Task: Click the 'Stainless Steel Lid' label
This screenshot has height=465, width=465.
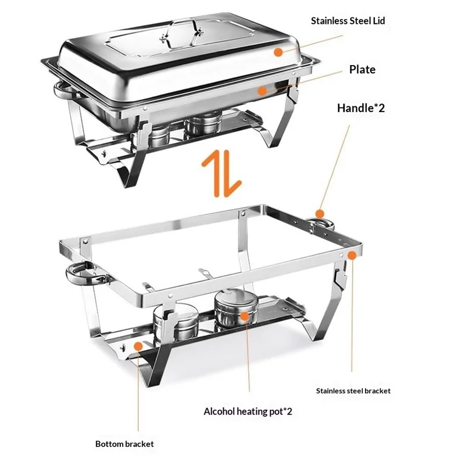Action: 348,21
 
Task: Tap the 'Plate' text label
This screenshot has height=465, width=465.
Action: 362,70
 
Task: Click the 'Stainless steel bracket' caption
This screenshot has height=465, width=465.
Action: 353,391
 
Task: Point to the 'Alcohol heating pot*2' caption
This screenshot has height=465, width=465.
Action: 248,412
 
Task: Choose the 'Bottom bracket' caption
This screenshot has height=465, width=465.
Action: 124,444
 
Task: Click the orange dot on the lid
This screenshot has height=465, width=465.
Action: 279,52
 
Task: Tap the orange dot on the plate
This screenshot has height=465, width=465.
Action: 263,90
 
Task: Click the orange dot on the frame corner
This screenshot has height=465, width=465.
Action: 352,254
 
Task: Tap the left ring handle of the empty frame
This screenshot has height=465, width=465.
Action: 81,275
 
